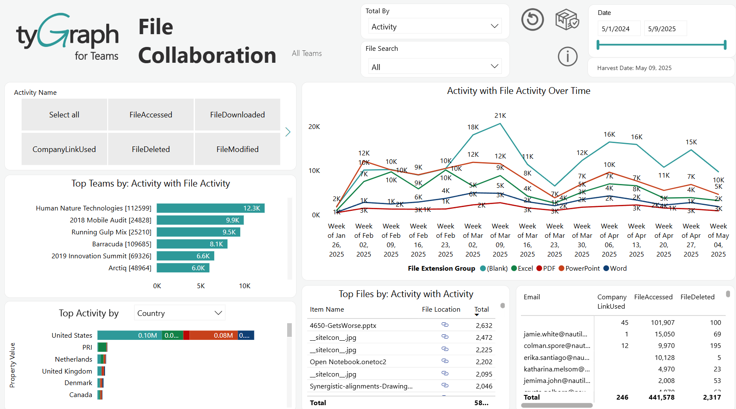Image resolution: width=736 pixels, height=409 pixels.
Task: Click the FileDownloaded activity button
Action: click(237, 115)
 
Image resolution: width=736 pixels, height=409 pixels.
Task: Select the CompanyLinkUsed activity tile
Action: click(64, 149)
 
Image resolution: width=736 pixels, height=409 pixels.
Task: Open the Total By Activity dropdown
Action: click(435, 26)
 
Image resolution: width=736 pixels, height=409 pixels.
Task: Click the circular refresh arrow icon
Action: click(532, 19)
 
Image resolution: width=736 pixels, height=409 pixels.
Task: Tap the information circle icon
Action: click(567, 56)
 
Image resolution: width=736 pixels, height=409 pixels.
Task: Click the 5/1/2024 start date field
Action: click(619, 29)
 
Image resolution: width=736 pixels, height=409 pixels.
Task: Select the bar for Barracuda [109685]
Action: click(192, 244)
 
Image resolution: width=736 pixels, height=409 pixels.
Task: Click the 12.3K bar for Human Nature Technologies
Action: click(210, 208)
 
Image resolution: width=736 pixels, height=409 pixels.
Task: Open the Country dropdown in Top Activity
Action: click(180, 313)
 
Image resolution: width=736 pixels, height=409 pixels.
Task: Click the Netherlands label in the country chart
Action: click(73, 359)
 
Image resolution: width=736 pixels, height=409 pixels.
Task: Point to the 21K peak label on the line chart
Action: click(500, 116)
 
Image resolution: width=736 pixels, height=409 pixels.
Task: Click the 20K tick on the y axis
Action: click(314, 127)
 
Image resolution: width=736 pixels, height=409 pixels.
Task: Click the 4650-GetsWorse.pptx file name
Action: click(343, 326)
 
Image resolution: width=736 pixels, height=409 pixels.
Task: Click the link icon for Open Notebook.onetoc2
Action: click(445, 362)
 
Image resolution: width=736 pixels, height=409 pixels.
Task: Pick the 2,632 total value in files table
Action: click(484, 326)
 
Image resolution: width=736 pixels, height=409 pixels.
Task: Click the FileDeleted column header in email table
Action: click(697, 297)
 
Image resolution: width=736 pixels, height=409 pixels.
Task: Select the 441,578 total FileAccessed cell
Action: click(661, 397)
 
